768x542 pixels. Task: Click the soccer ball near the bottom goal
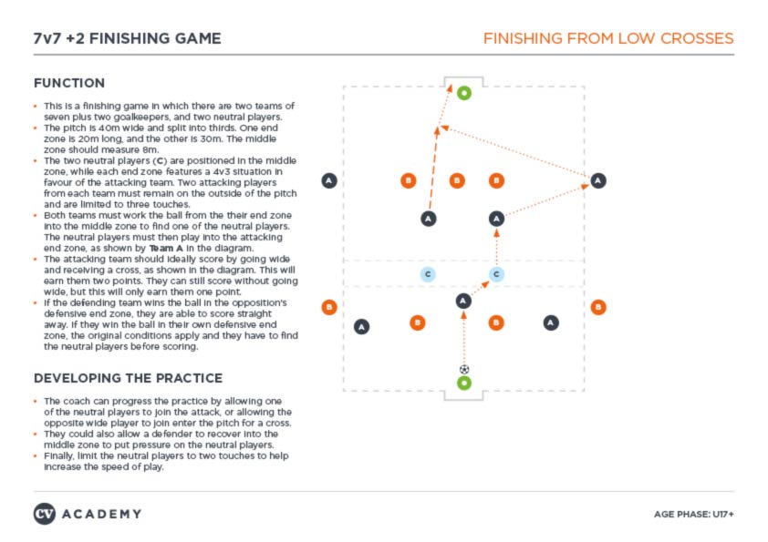click(464, 369)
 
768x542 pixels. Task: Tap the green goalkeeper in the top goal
click(464, 93)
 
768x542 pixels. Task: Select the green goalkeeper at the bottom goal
click(464, 383)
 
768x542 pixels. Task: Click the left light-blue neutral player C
click(427, 273)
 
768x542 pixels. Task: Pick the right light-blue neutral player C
click(497, 273)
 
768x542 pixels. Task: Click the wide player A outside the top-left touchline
click(329, 180)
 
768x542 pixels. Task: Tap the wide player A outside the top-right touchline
click(597, 180)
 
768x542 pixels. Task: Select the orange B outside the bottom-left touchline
click(329, 307)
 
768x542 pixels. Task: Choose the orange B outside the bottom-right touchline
click(598, 307)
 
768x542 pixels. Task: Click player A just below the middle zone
click(463, 301)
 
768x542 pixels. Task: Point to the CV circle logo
click(45, 514)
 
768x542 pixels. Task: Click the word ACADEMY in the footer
click(102, 514)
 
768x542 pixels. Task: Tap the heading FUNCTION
click(69, 83)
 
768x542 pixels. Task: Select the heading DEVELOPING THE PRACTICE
click(127, 378)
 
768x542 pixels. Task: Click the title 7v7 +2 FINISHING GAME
click(127, 38)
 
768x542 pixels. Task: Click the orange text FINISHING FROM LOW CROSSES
click(607, 38)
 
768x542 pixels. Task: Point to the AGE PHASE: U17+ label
click(694, 515)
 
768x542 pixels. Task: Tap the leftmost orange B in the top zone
click(409, 180)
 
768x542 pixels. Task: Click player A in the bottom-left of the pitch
click(362, 326)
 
